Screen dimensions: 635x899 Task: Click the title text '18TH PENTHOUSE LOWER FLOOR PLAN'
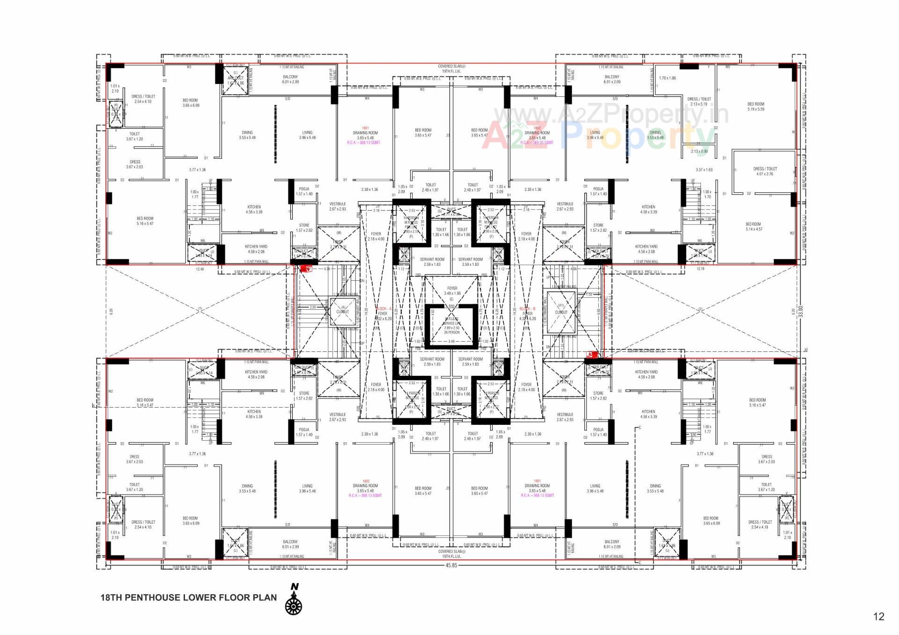pyautogui.click(x=188, y=598)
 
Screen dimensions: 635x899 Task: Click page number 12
pyautogui.click(x=878, y=616)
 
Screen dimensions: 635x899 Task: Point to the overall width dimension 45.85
pyautogui.click(x=451, y=565)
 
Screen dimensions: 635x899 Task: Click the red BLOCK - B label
pyautogui.click(x=527, y=309)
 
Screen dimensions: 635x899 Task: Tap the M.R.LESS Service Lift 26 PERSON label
pyautogui.click(x=451, y=325)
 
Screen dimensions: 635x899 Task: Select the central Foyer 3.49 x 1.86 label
pyautogui.click(x=452, y=291)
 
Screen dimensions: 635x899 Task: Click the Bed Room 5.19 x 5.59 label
pyautogui.click(x=755, y=107)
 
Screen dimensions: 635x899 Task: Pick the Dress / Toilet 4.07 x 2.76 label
pyautogui.click(x=765, y=171)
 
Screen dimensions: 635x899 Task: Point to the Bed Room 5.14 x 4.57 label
pyautogui.click(x=753, y=226)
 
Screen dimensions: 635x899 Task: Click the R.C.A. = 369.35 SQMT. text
pyautogui.click(x=537, y=143)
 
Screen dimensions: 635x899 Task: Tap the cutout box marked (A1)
pyautogui.click(x=561, y=312)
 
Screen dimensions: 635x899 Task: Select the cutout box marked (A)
pyautogui.click(x=342, y=311)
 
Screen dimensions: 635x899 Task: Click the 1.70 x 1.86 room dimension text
pyautogui.click(x=667, y=78)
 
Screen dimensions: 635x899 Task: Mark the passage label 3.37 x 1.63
pyautogui.click(x=704, y=170)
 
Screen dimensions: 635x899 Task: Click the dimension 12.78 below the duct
pyautogui.click(x=700, y=269)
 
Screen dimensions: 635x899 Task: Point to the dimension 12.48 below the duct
pyautogui.click(x=200, y=269)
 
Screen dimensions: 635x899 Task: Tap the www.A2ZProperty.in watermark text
pyautogui.click(x=611, y=114)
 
